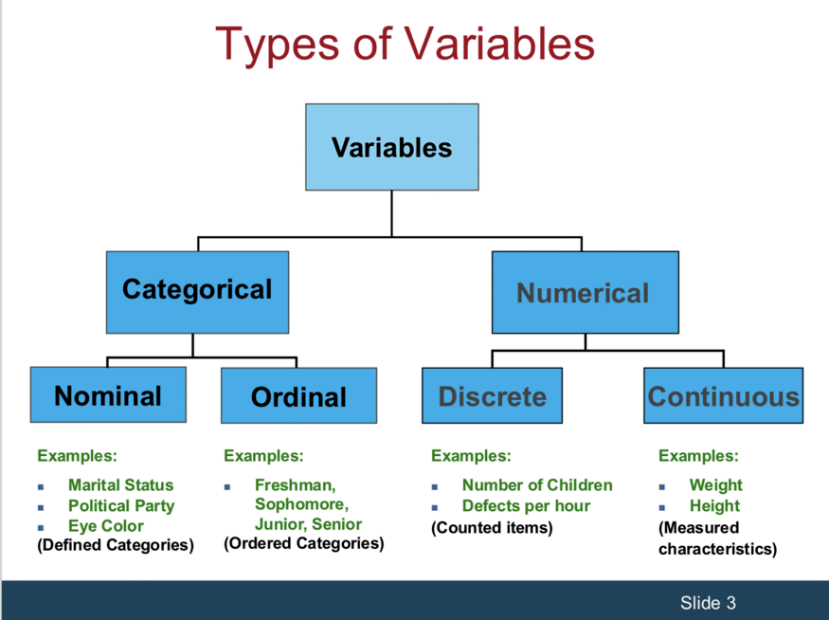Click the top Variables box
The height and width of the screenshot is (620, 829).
[392, 147]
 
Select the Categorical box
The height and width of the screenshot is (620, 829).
[197, 292]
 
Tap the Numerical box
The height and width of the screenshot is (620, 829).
[586, 292]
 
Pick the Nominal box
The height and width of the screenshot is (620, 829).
[108, 394]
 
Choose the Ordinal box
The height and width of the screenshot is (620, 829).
[298, 395]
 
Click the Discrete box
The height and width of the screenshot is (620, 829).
[493, 395]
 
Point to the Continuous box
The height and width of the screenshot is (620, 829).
[723, 395]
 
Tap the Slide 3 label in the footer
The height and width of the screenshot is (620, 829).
[708, 603]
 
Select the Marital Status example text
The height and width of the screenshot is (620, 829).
[120, 485]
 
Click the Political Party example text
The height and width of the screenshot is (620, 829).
[121, 505]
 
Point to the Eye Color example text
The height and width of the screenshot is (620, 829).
[106, 526]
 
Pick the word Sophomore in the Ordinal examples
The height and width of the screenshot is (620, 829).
[299, 504]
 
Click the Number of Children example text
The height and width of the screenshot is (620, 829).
[537, 485]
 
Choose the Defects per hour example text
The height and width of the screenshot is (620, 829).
[526, 505]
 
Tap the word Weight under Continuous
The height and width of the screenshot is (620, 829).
[716, 485]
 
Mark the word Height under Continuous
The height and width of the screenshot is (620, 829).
[714, 506]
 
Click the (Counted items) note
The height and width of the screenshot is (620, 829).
[492, 527]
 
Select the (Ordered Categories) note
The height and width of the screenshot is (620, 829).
[303, 543]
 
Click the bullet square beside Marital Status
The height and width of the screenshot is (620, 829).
[41, 486]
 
